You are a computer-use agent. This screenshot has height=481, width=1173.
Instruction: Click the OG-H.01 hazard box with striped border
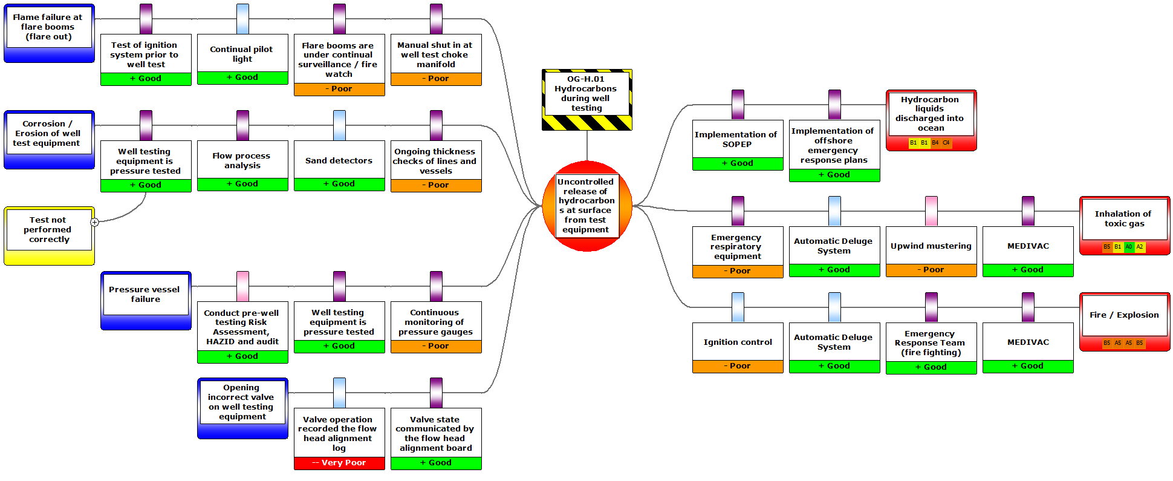[586, 99]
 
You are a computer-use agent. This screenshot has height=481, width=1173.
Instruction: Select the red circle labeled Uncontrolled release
[586, 206]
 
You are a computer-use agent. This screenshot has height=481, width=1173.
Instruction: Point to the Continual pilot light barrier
[242, 54]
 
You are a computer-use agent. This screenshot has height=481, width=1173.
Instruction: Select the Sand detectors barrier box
[339, 161]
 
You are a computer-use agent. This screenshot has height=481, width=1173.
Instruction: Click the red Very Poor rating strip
[339, 463]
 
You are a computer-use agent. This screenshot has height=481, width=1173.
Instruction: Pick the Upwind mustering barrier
[931, 246]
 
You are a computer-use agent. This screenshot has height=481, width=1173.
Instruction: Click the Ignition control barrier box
[738, 342]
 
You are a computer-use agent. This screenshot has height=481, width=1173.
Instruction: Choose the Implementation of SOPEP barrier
[738, 140]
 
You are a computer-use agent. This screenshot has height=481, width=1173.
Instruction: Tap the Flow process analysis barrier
[242, 161]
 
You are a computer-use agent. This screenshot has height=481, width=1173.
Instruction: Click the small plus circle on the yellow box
[95, 222]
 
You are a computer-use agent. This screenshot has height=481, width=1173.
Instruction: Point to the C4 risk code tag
[946, 143]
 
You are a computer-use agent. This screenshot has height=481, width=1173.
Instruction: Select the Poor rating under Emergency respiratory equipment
[738, 271]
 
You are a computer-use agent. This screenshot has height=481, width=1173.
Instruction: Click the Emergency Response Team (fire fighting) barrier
[931, 343]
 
